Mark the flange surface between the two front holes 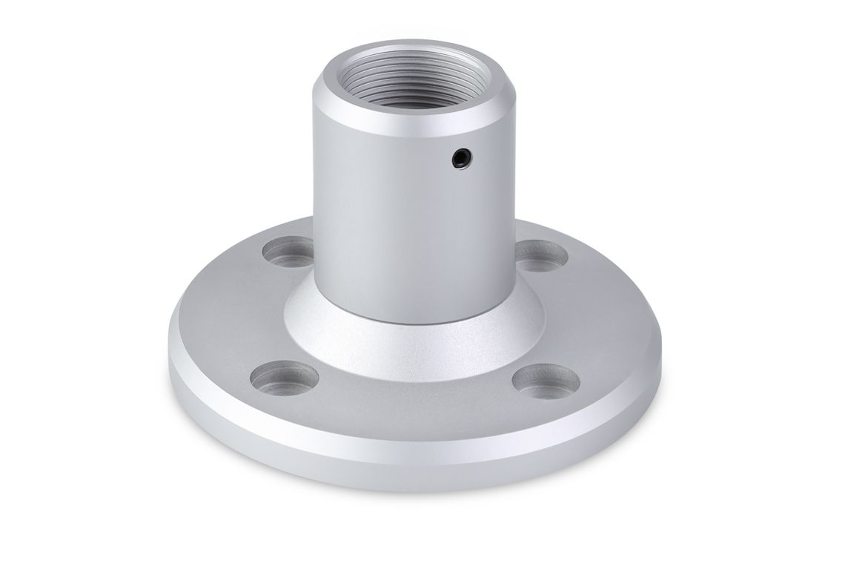point(415,416)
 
